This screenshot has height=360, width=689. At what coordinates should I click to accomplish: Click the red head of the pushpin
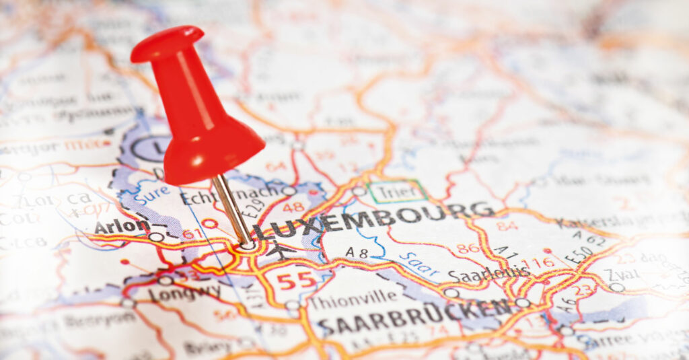point(195,114)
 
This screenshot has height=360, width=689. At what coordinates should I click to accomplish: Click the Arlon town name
point(121,226)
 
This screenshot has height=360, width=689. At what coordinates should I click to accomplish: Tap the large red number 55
point(297,280)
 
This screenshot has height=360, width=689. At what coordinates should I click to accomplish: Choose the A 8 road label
point(357,252)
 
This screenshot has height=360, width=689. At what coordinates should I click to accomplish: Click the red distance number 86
point(468,248)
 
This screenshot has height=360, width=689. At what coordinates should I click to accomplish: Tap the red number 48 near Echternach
point(293,207)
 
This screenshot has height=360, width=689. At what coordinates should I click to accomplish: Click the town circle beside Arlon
point(155,237)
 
